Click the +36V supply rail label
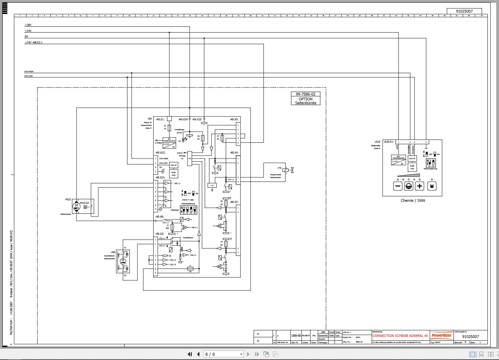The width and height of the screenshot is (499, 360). [28, 25]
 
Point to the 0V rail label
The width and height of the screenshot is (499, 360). [26, 36]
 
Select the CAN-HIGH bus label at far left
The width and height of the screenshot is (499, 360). [29, 72]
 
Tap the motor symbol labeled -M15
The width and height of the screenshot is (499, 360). [76, 206]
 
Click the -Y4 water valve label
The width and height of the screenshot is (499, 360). [279, 168]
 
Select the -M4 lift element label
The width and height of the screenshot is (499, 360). [113, 252]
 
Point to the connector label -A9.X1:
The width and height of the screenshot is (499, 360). [160, 119]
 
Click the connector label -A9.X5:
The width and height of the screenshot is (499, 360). [234, 119]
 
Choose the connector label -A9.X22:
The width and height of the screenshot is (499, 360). [160, 153]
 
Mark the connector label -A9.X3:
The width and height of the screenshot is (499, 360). [160, 234]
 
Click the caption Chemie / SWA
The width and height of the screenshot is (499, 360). [413, 200]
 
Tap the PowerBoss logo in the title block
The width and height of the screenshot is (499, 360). [442, 335]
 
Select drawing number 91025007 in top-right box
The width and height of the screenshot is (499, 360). [464, 11]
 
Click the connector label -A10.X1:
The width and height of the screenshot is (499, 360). [388, 142]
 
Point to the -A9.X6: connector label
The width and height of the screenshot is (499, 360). [160, 217]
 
